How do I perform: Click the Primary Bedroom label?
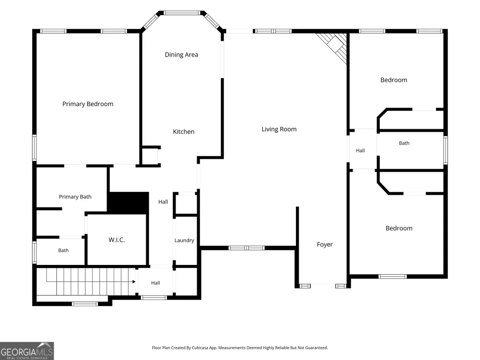[88, 104]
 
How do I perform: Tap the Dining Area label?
[182, 55]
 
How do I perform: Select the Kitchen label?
[184, 132]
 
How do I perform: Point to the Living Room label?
[279, 129]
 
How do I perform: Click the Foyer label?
[325, 244]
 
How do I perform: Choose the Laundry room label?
[185, 240]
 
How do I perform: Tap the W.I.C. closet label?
[117, 240]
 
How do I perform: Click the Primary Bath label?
[75, 197]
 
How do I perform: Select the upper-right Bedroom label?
[394, 80]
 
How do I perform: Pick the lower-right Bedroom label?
[399, 228]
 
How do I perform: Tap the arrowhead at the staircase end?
[134, 282]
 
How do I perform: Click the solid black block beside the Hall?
[129, 203]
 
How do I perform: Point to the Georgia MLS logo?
[27, 351]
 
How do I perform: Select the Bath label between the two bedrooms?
[404, 143]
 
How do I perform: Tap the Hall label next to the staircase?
[155, 283]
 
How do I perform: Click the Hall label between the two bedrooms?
[360, 151]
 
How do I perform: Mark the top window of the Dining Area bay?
[182, 13]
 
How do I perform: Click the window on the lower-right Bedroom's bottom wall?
[393, 276]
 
